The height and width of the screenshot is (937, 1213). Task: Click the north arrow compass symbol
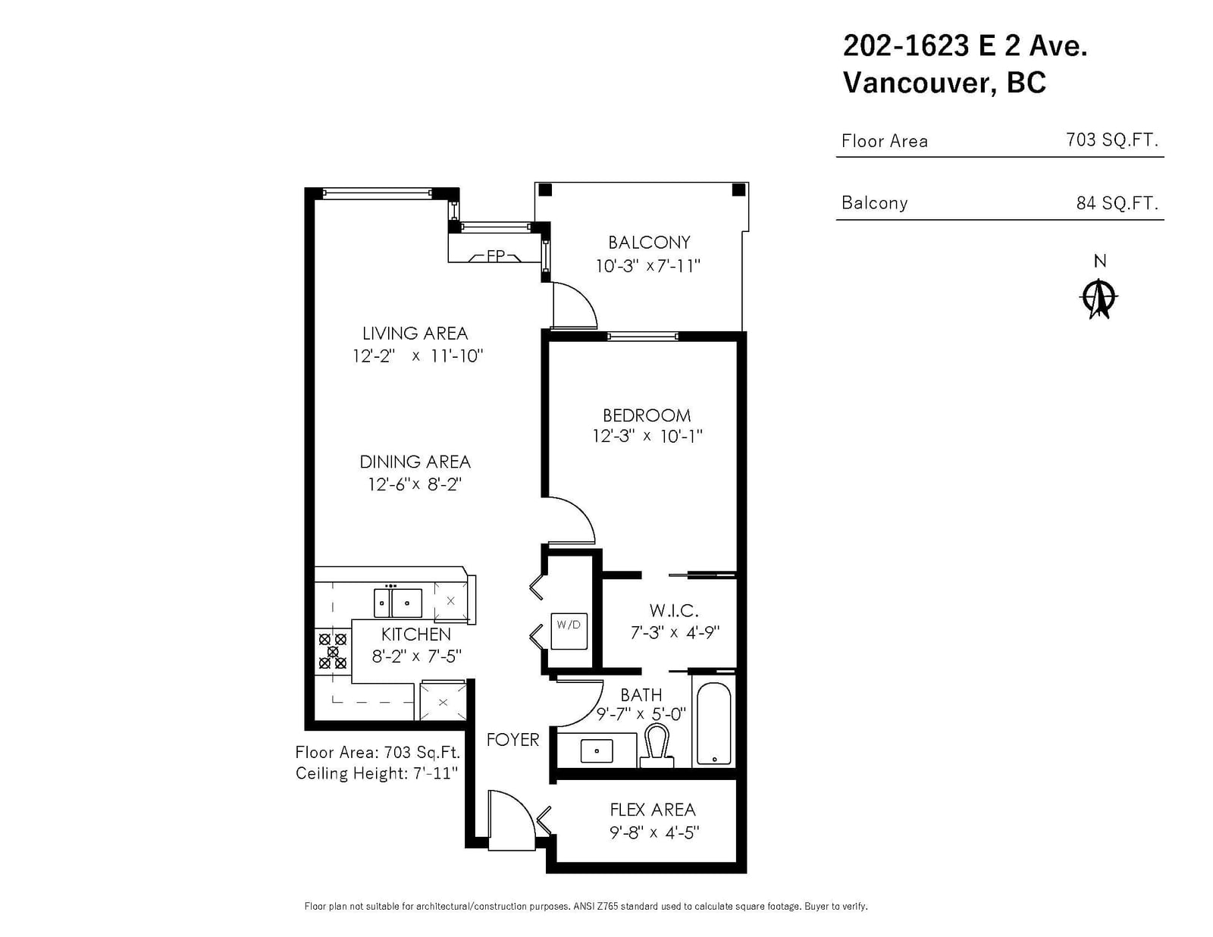tap(1099, 299)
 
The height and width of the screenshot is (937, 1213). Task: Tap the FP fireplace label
tap(496, 256)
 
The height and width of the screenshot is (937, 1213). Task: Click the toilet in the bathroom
tap(657, 746)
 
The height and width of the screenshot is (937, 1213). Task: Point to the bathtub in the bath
tap(714, 723)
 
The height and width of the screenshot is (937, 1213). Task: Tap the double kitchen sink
tap(397, 603)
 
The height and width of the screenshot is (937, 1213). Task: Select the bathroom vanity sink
tap(596, 751)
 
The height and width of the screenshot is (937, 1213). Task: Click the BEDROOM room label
tap(647, 415)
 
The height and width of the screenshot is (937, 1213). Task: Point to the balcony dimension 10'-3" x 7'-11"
tap(648, 265)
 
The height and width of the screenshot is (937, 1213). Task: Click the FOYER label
tap(512, 740)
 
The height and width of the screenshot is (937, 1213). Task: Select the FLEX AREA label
tap(653, 810)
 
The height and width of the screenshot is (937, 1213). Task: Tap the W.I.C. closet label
tap(674, 610)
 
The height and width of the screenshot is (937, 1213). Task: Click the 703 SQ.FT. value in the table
tap(1112, 139)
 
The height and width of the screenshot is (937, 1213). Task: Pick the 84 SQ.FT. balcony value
tap(1117, 202)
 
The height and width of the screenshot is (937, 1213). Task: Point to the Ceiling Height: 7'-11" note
tap(377, 773)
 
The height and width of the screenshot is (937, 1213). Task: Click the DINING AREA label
tap(415, 462)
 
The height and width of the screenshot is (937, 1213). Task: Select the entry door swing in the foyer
tap(511, 819)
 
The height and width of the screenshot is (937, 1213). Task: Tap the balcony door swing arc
tap(575, 306)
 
